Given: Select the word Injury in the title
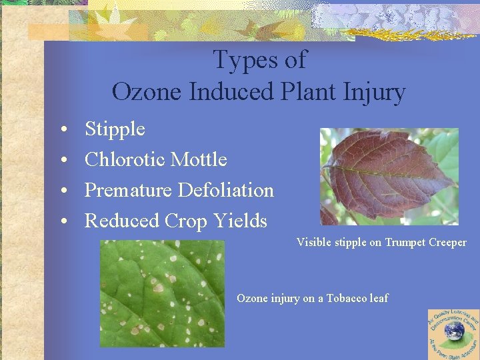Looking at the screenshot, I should [x=373, y=92].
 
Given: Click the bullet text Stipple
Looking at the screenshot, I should [x=115, y=129].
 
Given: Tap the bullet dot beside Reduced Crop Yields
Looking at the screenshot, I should [x=61, y=221].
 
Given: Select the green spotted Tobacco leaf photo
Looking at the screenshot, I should [x=162, y=293].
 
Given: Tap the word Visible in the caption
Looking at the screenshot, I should [x=313, y=243].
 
